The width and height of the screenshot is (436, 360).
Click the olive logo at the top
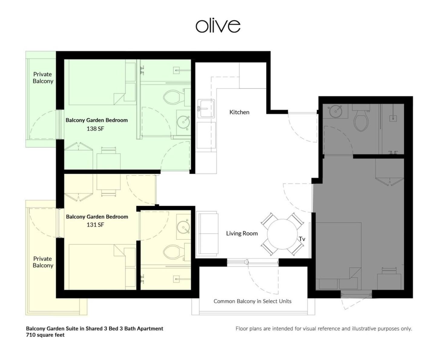tap(218, 26)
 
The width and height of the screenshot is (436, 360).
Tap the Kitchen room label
tap(239, 112)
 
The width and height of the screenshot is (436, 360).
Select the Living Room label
tap(242, 233)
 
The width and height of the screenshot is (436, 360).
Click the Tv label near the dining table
tap(302, 239)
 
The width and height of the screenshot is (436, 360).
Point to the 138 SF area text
tap(95, 128)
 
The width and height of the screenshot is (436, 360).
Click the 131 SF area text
tap(95, 225)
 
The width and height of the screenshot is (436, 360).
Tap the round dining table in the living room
tap(282, 234)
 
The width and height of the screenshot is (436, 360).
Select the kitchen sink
tap(206, 109)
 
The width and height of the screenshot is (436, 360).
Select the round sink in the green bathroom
tap(183, 122)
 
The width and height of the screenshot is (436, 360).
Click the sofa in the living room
tap(207, 233)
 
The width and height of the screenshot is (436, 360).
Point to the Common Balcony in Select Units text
tap(253, 301)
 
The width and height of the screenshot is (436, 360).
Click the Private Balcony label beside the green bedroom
tap(43, 78)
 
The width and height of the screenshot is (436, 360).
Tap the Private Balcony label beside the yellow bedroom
tap(43, 262)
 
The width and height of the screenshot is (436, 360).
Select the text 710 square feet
tap(45, 335)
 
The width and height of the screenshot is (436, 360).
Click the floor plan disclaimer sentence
tap(324, 329)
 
